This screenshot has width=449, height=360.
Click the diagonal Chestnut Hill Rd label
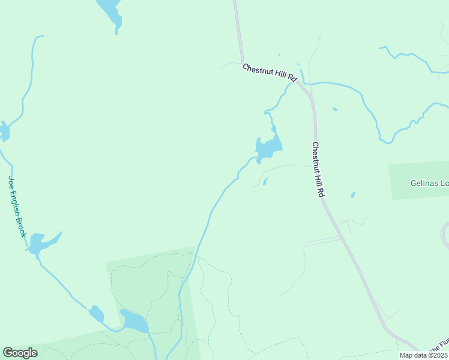270,73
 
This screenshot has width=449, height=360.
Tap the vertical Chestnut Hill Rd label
318,170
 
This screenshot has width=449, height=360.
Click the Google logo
20,353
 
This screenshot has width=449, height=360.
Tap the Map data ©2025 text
423,355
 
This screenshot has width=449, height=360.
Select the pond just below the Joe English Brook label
40,242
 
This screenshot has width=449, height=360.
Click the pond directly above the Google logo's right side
134,322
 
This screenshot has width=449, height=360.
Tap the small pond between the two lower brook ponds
96,313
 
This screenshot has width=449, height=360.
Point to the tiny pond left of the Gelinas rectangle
352,195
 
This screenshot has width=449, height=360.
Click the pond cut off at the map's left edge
4,130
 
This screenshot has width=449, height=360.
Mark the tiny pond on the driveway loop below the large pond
265,181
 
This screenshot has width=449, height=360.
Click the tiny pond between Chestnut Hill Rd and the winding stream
334,109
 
